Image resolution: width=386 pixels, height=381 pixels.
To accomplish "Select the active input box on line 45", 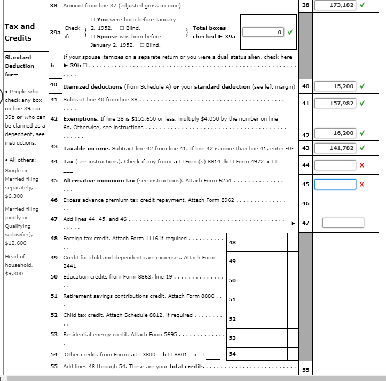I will (334, 184).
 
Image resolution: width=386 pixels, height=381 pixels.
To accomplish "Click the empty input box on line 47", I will (343, 223).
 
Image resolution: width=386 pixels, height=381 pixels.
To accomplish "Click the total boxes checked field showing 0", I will (263, 33).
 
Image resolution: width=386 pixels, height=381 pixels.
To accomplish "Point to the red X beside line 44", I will (362, 166).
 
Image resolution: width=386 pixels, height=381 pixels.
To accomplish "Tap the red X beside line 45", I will (362, 185).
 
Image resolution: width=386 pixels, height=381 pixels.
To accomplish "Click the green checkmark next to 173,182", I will (363, 6).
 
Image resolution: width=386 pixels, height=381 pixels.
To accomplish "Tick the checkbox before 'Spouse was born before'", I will (93, 36).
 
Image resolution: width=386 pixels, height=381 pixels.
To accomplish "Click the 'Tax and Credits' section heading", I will (19, 32).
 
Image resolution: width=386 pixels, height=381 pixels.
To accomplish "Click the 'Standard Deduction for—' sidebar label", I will (19, 66).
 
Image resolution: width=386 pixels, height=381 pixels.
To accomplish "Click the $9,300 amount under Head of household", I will (12, 273).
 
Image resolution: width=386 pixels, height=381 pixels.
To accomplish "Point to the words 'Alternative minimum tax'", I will (99, 181).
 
